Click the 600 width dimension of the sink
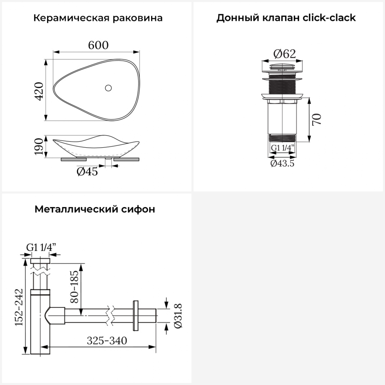[x=98, y=45]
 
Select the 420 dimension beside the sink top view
[x=39, y=91]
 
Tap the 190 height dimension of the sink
[x=39, y=146]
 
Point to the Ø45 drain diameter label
[x=87, y=171]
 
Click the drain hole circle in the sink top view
[x=108, y=88]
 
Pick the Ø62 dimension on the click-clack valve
[x=285, y=54]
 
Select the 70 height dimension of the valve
[x=317, y=119]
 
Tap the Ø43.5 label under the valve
[x=282, y=163]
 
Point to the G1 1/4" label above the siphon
[x=41, y=247]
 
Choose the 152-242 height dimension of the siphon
[x=19, y=307]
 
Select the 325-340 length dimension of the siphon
[x=107, y=341]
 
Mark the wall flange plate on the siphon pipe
[x=136, y=315]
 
